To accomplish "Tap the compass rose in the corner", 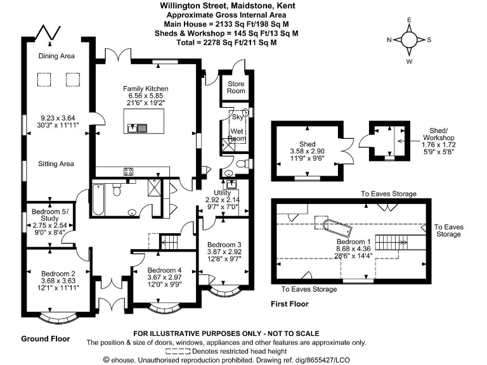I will click(x=410, y=40).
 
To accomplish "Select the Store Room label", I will click(x=237, y=87).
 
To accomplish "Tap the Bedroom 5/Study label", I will click(x=49, y=214).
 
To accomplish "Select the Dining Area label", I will click(x=56, y=56).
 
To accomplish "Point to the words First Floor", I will click(x=289, y=304).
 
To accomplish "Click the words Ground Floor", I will click(x=46, y=338).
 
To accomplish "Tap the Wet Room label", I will click(x=237, y=134).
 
